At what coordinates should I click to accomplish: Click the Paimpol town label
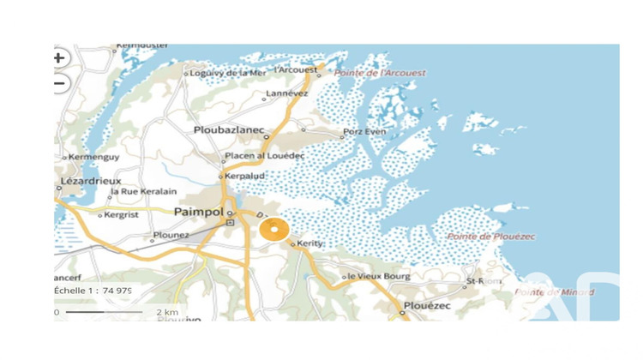(198, 212)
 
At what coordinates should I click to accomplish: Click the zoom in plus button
(58, 58)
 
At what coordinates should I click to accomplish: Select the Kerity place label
(309, 244)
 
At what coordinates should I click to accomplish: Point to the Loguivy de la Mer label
(229, 74)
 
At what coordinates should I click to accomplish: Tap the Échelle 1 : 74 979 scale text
(93, 291)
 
